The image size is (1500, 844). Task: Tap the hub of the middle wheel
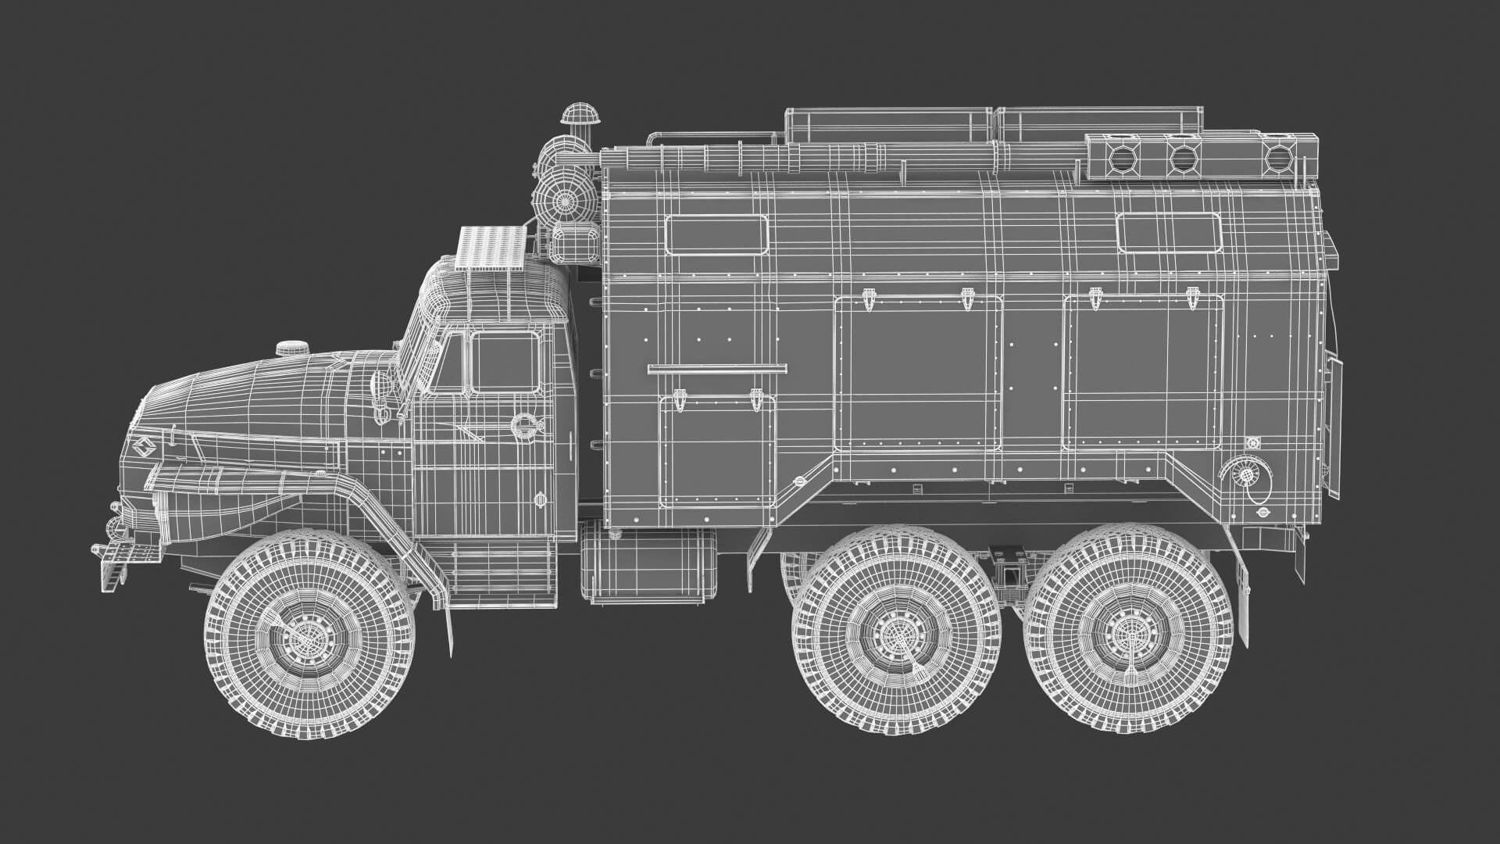[x=896, y=631]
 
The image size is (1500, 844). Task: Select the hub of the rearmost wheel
[x=1129, y=630]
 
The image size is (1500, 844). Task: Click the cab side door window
[x=505, y=362]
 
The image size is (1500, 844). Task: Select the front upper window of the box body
[x=716, y=234]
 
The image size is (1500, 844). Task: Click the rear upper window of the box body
[x=1168, y=233]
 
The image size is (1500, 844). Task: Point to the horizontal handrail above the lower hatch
[x=716, y=367]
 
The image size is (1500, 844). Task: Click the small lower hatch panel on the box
[x=716, y=452]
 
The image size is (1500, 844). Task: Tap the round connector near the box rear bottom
[x=1243, y=473]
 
